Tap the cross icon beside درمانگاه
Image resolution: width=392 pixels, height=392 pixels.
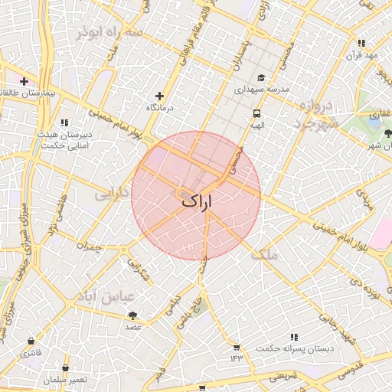pos(159,96)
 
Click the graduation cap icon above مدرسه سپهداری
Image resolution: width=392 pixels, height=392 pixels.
pos(261,77)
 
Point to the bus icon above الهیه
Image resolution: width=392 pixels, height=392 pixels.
pos(256,113)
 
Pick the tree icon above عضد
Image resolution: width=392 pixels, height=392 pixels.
pos(133,315)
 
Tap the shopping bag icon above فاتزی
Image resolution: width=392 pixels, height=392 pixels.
pos(30,341)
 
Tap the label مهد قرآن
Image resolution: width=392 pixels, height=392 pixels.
pos(361,55)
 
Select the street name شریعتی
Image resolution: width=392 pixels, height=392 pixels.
pos(286,377)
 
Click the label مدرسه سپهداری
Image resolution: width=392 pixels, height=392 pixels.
pos(261,90)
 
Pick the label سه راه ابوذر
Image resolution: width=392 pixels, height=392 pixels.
pos(109,32)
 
